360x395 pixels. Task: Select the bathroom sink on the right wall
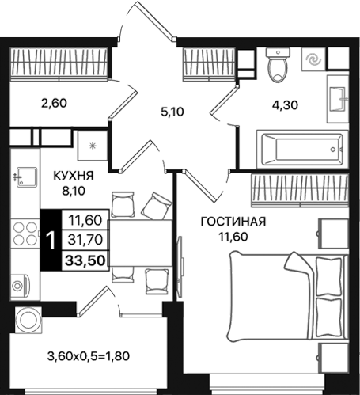(338, 97)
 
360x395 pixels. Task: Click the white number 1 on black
(51, 240)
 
